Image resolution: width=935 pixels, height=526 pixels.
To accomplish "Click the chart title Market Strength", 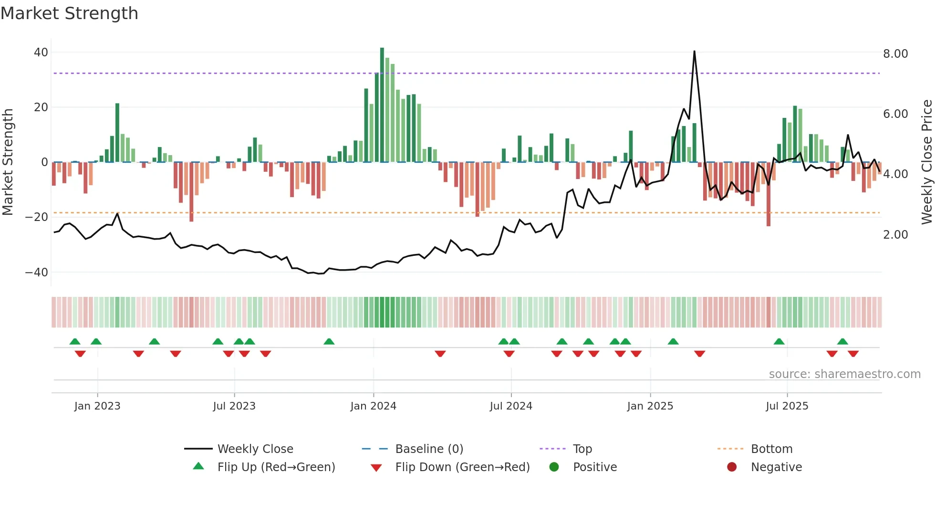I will (69, 13).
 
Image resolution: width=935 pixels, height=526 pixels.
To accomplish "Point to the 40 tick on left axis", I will (41, 53).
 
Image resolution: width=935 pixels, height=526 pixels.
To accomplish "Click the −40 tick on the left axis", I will (37, 273).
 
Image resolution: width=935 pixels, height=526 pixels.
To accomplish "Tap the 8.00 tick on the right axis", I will (895, 54).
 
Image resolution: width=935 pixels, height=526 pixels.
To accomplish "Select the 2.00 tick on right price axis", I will (895, 235).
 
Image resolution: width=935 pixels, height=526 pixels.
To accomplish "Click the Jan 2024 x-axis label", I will (373, 406).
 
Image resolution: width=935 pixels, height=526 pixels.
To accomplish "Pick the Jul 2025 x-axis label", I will (787, 406).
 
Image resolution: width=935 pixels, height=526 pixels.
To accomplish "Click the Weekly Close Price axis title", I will (926, 162).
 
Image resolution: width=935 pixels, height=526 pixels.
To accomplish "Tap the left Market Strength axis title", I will (8, 162).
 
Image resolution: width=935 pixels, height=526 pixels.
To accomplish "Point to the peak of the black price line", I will (694, 52).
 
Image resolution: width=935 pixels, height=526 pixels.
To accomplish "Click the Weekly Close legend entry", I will (255, 449).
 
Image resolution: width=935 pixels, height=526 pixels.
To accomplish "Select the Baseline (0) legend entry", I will (429, 449).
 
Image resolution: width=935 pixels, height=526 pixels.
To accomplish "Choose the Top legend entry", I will (582, 449).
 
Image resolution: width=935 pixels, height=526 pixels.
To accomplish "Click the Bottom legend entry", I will (771, 449).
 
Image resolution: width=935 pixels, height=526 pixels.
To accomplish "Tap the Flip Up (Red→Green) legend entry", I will (276, 467).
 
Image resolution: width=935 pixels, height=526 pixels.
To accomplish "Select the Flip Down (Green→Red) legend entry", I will (462, 467).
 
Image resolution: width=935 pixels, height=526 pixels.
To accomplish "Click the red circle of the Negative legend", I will (732, 467).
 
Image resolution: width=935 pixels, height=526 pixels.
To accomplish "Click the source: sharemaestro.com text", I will (844, 374).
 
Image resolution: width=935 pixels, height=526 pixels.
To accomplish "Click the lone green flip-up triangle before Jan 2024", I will (329, 342).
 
